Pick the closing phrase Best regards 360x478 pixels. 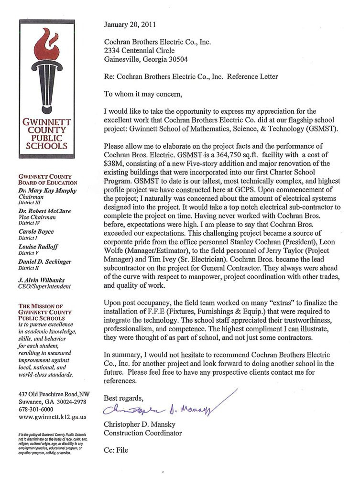(x=123, y=398)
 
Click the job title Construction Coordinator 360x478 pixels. (x=143, y=434)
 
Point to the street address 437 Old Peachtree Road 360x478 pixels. (x=54, y=393)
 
